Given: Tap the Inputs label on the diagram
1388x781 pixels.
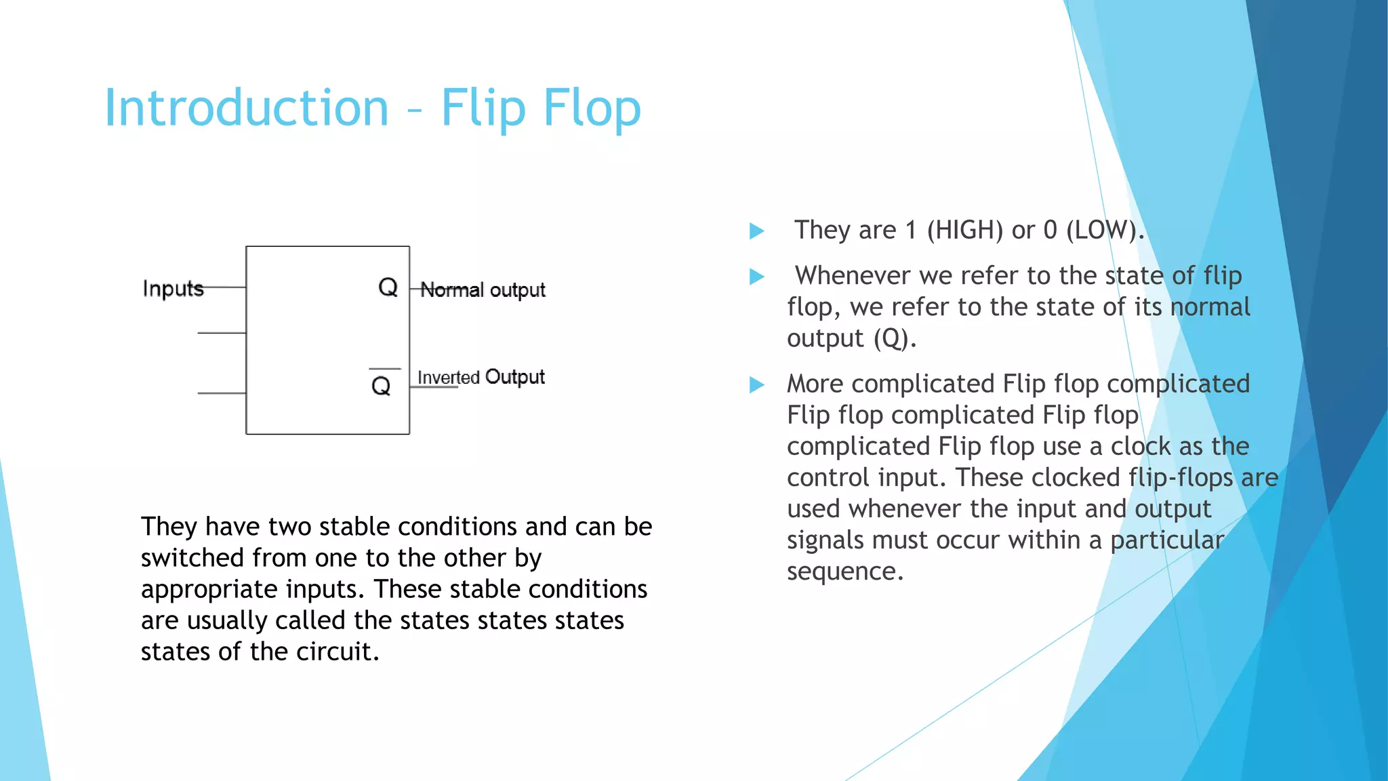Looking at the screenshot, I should point(173,289).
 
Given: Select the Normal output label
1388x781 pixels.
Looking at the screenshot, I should point(483,290).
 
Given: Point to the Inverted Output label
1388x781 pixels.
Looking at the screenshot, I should point(481,377).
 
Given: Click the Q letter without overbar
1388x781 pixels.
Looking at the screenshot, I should point(388,287).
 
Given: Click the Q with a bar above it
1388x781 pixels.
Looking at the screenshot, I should point(382,385).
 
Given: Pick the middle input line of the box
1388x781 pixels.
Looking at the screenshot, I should point(222,333).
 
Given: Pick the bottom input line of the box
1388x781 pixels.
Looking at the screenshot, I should point(222,393).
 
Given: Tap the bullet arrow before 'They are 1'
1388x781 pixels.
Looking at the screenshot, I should point(756,231).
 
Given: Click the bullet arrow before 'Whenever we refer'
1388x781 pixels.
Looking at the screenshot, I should point(756,277).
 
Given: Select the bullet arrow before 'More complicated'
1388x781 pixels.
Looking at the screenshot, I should point(756,385).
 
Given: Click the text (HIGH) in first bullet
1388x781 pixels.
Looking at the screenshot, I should point(965,231).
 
